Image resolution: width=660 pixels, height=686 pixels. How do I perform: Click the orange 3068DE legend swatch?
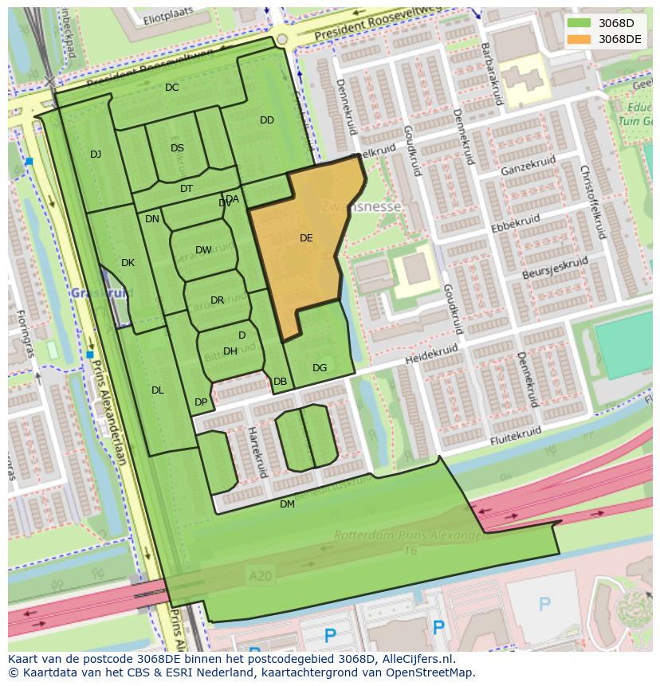click(x=579, y=39)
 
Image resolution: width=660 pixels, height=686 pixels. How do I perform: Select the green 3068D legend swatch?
click(x=579, y=23)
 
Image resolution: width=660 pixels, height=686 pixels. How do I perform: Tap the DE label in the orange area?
click(x=306, y=237)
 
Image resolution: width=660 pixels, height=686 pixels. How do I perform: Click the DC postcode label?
click(x=171, y=88)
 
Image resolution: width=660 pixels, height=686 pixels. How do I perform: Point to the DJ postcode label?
click(x=96, y=155)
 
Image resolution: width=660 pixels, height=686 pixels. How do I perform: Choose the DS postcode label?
click(x=177, y=147)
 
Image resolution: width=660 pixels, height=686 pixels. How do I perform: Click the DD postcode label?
click(x=267, y=120)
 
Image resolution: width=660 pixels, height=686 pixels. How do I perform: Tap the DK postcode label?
click(x=128, y=263)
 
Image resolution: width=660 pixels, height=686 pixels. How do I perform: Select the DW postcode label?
click(x=203, y=250)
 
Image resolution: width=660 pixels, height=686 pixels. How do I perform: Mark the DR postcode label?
click(x=217, y=300)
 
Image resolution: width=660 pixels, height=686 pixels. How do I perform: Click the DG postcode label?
click(x=320, y=368)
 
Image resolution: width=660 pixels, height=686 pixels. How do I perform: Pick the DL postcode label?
click(x=157, y=390)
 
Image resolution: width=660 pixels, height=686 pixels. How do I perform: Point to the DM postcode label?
click(x=287, y=504)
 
